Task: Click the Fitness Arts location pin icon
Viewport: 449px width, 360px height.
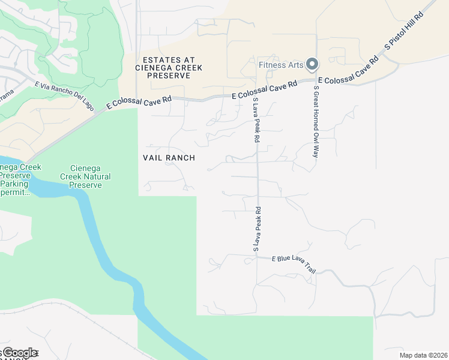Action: (312, 64)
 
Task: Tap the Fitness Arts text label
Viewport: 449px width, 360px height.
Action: (281, 65)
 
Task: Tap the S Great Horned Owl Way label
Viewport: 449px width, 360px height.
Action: (315, 122)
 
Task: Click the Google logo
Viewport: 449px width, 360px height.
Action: (19, 353)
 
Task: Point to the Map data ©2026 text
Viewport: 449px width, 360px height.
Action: (423, 355)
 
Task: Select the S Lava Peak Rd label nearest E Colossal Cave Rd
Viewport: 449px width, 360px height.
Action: (256, 120)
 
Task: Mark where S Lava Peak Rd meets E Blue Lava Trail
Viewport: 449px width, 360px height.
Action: (257, 256)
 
